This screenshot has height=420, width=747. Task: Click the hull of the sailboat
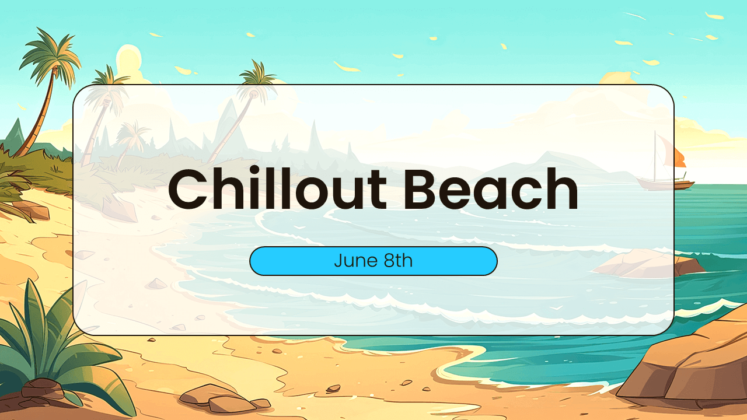pyautogui.click(x=665, y=184)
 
